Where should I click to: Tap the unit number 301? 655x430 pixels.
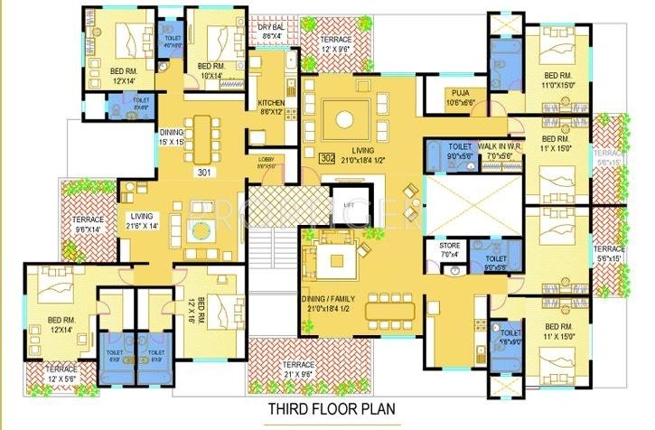(201, 171)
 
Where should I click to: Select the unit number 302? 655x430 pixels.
(328, 156)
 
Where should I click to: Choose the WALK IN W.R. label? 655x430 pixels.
(501, 149)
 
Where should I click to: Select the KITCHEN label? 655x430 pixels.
(272, 107)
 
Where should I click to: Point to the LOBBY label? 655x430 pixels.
(267, 162)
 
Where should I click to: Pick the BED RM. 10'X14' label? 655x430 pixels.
(211, 71)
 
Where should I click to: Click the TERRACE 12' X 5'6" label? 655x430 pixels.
(50, 374)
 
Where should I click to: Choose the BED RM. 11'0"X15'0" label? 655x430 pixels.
(561, 79)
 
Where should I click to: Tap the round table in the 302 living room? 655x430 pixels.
(343, 117)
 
